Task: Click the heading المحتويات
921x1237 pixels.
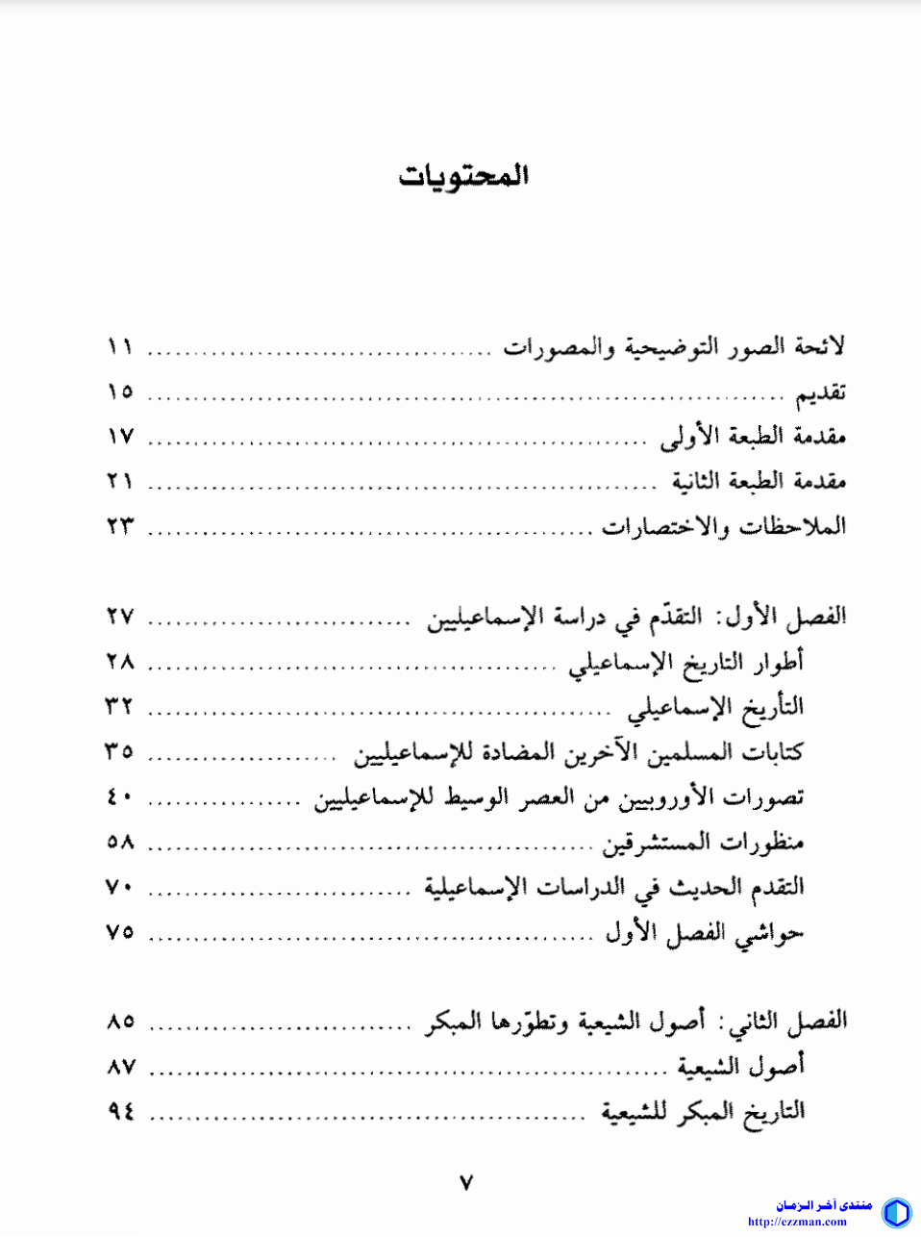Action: click(x=464, y=176)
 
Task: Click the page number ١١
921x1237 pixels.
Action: click(x=120, y=346)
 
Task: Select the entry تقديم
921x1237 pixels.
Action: click(x=820, y=392)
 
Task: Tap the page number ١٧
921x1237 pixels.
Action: click(x=120, y=437)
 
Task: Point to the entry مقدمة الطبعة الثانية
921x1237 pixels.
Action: click(x=759, y=481)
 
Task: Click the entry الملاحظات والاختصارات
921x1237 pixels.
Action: click(x=724, y=526)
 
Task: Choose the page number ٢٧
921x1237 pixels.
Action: click(x=120, y=616)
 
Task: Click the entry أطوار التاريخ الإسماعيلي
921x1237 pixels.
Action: click(x=685, y=662)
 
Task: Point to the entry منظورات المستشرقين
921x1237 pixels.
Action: click(x=703, y=843)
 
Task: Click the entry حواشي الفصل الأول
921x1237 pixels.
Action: click(x=704, y=932)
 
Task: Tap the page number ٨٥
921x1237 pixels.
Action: click(x=120, y=1021)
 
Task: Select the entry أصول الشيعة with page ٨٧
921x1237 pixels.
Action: click(x=740, y=1066)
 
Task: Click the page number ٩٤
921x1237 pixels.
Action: click(x=120, y=1111)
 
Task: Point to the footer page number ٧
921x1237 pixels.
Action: click(x=466, y=1182)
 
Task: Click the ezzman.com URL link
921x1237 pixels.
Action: click(x=797, y=1222)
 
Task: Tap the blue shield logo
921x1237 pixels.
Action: click(x=896, y=1212)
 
